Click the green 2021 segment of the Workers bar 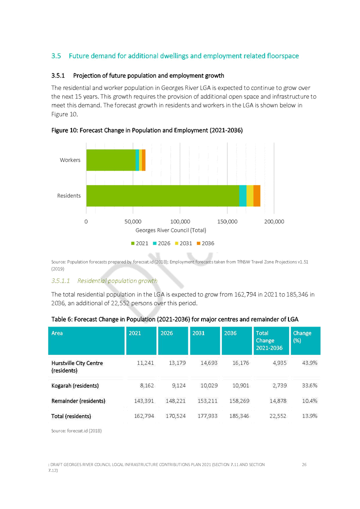tap(111, 160)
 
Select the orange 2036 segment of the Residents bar tap(257, 196)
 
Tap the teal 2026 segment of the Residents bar tap(243, 196)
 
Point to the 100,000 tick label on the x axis tap(180, 222)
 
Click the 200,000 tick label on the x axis tap(274, 222)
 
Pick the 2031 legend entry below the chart tap(184, 243)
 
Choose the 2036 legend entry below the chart tap(206, 243)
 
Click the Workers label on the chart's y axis tap(70, 160)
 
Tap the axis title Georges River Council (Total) tap(171, 230)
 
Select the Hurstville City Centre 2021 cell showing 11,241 tap(145, 363)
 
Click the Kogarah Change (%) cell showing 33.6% tap(310, 386)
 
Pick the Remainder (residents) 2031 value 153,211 tap(208, 401)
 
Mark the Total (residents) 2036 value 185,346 tap(239, 416)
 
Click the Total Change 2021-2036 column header tap(269, 341)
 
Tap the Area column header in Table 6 tap(57, 333)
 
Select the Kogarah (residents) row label tap(75, 386)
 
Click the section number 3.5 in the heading tap(56, 56)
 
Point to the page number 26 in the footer tap(304, 465)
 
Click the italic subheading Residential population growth tap(117, 281)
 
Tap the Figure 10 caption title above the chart tap(147, 130)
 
